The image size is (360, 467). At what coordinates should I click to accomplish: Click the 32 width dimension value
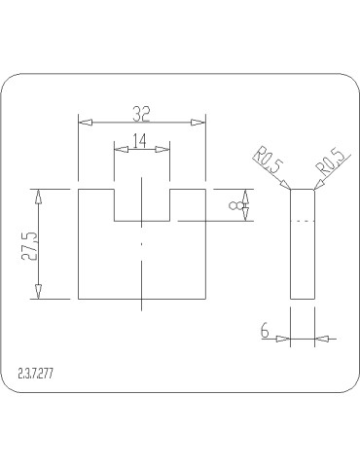click(142, 111)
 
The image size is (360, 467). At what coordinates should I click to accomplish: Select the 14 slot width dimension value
click(140, 140)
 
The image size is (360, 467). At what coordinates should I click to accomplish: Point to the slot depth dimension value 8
click(234, 205)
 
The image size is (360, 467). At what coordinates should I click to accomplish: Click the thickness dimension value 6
click(266, 331)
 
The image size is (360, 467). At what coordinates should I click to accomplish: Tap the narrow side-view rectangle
click(303, 243)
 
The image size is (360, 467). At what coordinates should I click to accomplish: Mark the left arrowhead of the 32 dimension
click(85, 122)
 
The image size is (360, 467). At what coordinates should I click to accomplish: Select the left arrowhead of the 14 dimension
click(120, 149)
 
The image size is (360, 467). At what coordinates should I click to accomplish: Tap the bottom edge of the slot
click(142, 221)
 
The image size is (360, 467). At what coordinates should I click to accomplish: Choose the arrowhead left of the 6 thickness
click(284, 339)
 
